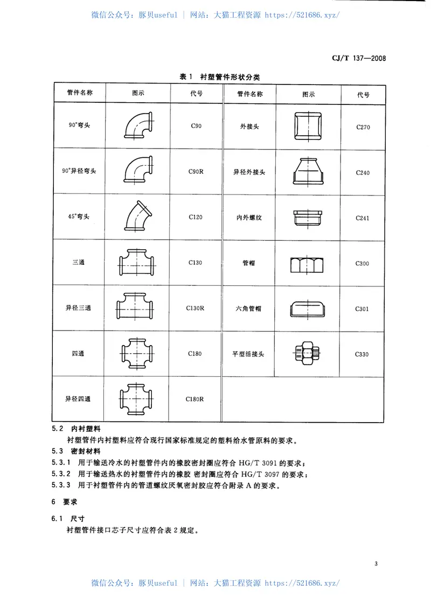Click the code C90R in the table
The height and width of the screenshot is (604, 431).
196,171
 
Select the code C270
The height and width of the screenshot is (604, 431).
363,128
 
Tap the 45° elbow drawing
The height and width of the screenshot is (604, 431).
138,217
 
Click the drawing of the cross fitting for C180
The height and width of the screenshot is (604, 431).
138,353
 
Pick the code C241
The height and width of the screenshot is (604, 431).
363,218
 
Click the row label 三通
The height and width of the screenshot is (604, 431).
79,263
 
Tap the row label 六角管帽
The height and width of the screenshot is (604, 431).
248,308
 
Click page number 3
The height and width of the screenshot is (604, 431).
375,563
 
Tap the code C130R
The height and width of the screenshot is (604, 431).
196,308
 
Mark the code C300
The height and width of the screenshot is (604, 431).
363,264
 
